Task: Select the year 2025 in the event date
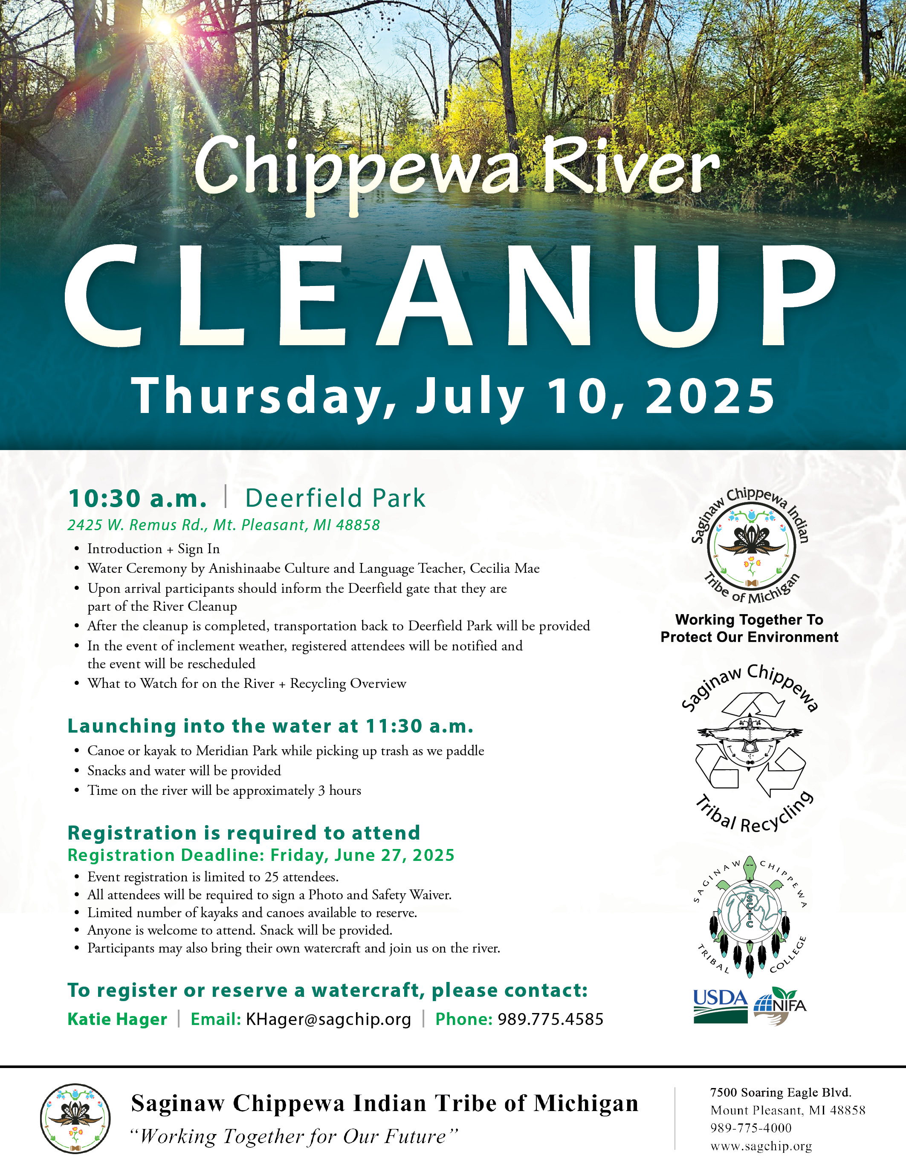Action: pos(710,395)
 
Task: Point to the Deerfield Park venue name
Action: pos(336,498)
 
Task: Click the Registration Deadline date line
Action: pos(261,855)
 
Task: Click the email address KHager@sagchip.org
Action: pos(328,1019)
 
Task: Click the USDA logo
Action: pos(720,1007)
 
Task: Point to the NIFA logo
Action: pos(780,1006)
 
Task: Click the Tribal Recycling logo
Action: pos(750,748)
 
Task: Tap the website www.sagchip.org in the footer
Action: pos(761,1146)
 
